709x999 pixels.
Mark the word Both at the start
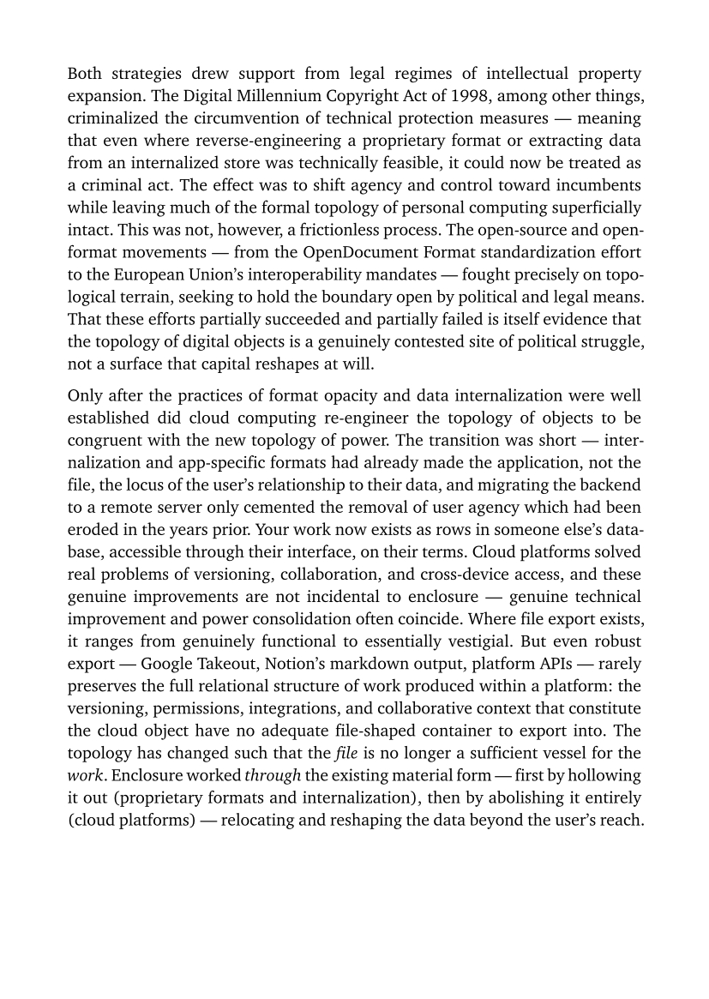click(x=86, y=72)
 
